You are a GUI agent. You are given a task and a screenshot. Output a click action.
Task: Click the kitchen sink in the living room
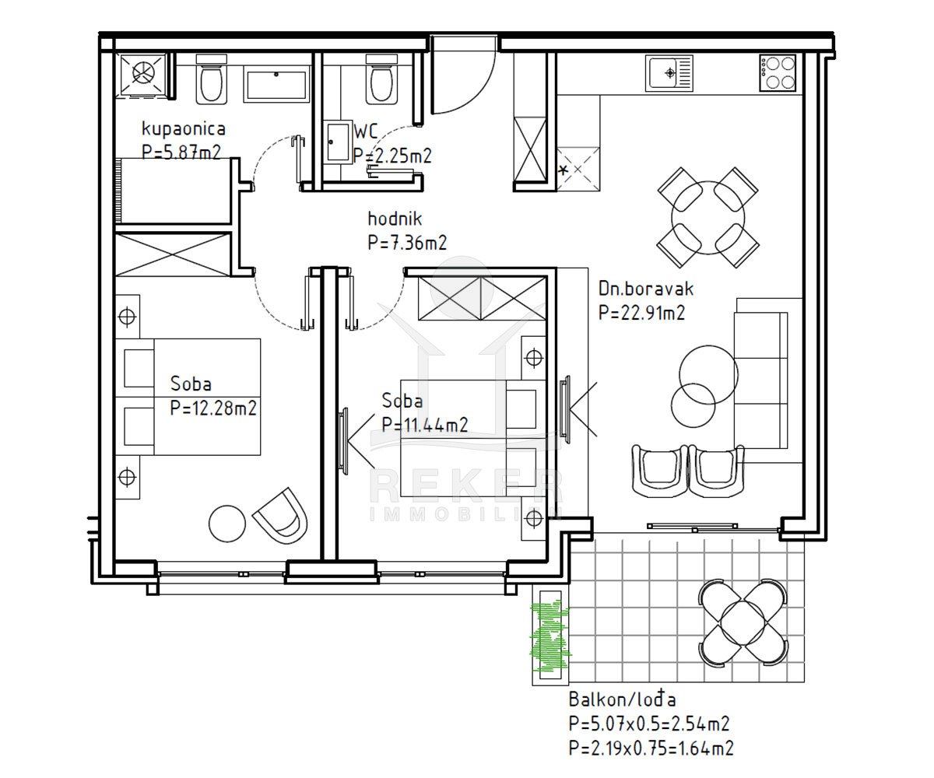669,73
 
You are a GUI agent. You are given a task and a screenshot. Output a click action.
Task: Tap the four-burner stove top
778,73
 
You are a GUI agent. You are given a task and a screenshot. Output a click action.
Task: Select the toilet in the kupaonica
211,79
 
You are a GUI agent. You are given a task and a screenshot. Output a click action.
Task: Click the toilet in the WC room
381,79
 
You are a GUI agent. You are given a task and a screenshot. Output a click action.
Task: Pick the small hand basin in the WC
338,142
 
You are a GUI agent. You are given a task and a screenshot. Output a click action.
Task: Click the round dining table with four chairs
708,218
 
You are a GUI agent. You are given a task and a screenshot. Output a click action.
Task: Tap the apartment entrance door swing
464,75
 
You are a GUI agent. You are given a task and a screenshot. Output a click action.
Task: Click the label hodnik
395,219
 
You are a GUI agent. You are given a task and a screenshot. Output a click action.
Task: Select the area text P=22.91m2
642,313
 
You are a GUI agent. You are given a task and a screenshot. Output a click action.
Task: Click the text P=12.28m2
213,408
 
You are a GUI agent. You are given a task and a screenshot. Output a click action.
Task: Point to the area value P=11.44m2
424,424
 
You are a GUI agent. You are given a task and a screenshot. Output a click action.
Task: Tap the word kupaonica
184,129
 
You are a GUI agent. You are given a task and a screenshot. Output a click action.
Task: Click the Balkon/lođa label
622,699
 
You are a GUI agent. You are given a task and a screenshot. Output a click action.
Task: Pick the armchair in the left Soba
281,516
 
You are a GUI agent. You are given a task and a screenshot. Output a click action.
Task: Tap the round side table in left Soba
227,524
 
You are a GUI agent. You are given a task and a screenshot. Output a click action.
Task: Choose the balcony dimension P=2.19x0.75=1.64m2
651,748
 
